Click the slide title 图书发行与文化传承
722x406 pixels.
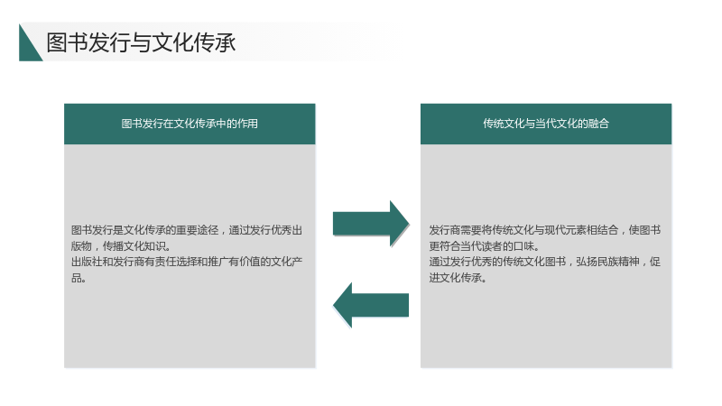[141, 42]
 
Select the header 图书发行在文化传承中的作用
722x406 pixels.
[190, 124]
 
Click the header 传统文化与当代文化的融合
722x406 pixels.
[546, 124]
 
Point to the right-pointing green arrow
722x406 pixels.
[371, 224]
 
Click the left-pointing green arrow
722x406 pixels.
[371, 305]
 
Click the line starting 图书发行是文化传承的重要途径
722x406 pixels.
[187, 230]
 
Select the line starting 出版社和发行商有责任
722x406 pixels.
[187, 262]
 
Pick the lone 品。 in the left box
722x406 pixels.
[79, 278]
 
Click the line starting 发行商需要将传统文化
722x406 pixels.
[545, 230]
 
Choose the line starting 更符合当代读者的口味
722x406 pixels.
[484, 245]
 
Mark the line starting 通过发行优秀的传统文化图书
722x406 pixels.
[545, 262]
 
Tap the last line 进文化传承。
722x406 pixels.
[458, 278]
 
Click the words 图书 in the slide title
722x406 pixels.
[67, 42]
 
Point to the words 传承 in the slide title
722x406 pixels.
[215, 42]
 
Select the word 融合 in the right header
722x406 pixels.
[598, 124]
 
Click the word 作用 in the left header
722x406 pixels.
[247, 124]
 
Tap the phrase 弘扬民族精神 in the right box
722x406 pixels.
[607, 262]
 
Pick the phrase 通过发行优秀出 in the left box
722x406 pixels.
[265, 230]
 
